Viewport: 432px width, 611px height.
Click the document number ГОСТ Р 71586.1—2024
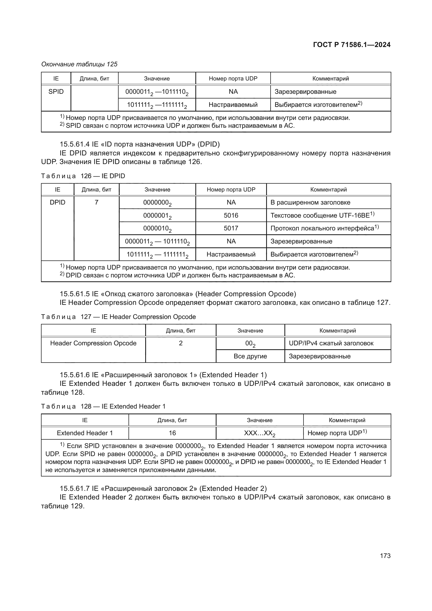coord(351,45)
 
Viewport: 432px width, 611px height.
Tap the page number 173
coord(385,556)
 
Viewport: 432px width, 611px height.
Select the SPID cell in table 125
coord(56,91)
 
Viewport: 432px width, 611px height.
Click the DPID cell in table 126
coord(57,202)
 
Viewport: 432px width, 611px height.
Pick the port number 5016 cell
coord(231,215)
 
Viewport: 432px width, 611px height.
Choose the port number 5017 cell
coord(231,228)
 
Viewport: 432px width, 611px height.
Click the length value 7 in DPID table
coord(96,202)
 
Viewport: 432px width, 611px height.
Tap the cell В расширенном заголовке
coord(310,202)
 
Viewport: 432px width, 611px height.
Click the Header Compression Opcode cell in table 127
coord(93,343)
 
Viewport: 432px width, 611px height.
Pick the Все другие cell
coord(250,356)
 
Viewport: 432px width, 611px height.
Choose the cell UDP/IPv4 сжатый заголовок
coord(331,343)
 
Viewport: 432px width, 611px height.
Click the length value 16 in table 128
coord(172,433)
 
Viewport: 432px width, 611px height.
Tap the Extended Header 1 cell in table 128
coord(85,433)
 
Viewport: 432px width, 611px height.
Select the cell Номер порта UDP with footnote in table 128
coord(337,433)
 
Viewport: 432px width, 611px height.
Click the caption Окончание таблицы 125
coord(79,64)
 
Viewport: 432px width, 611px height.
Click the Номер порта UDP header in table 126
coord(231,189)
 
